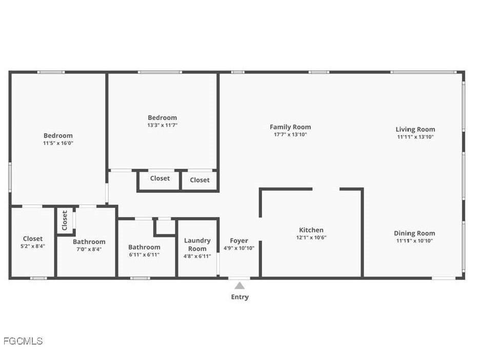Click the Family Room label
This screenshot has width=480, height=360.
(x=290, y=127)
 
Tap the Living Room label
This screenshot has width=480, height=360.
(x=415, y=130)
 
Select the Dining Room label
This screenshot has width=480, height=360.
(x=414, y=233)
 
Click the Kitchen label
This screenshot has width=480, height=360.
(x=311, y=230)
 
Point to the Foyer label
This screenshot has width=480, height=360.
(x=239, y=241)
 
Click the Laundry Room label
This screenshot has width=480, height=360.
(x=197, y=245)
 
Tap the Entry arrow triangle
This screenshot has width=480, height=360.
(x=239, y=286)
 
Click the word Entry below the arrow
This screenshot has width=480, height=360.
(x=239, y=297)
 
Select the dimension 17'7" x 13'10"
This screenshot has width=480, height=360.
(x=290, y=135)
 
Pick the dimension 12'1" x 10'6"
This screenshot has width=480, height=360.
(x=311, y=237)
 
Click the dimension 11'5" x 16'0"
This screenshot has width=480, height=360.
(x=58, y=144)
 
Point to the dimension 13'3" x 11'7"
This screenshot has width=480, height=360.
(x=162, y=125)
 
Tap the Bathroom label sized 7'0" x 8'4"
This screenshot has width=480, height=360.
(x=89, y=242)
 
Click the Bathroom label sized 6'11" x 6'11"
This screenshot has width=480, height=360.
(x=144, y=247)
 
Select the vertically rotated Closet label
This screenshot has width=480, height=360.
(x=65, y=221)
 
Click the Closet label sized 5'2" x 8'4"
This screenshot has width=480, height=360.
(x=33, y=238)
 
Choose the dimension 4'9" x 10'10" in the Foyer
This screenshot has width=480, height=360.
(x=239, y=248)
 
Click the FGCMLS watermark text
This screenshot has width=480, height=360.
(x=23, y=341)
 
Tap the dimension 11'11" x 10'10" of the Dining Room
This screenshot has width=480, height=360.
(x=414, y=241)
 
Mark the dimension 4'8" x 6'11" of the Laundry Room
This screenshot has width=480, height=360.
(x=197, y=256)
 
